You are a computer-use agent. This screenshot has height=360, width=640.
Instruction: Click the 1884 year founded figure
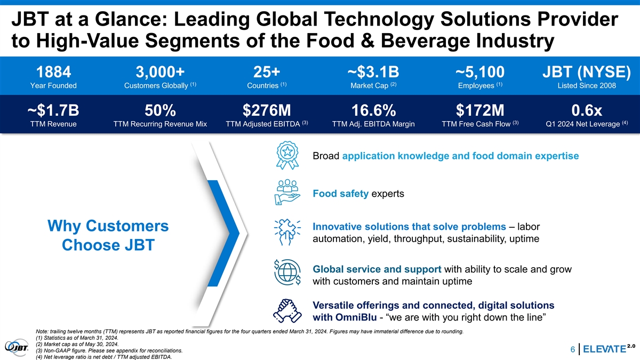pyautogui.click(x=53, y=72)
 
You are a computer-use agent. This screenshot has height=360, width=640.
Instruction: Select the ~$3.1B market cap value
pyautogui.click(x=373, y=72)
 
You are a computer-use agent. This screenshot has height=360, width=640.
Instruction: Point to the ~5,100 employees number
pyautogui.click(x=481, y=72)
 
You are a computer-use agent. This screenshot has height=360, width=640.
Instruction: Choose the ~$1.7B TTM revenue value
pyautogui.click(x=53, y=110)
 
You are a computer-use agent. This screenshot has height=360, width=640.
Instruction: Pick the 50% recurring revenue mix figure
pyautogui.click(x=161, y=110)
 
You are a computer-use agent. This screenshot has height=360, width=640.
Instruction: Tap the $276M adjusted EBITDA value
pyautogui.click(x=267, y=110)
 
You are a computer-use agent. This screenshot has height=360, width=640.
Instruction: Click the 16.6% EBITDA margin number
pyautogui.click(x=373, y=110)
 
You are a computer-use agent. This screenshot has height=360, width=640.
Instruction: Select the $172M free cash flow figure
pyautogui.click(x=481, y=110)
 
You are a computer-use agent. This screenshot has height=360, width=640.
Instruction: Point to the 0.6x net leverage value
pyautogui.click(x=587, y=110)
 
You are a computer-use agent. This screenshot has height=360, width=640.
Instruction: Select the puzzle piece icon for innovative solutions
pyautogui.click(x=287, y=233)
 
